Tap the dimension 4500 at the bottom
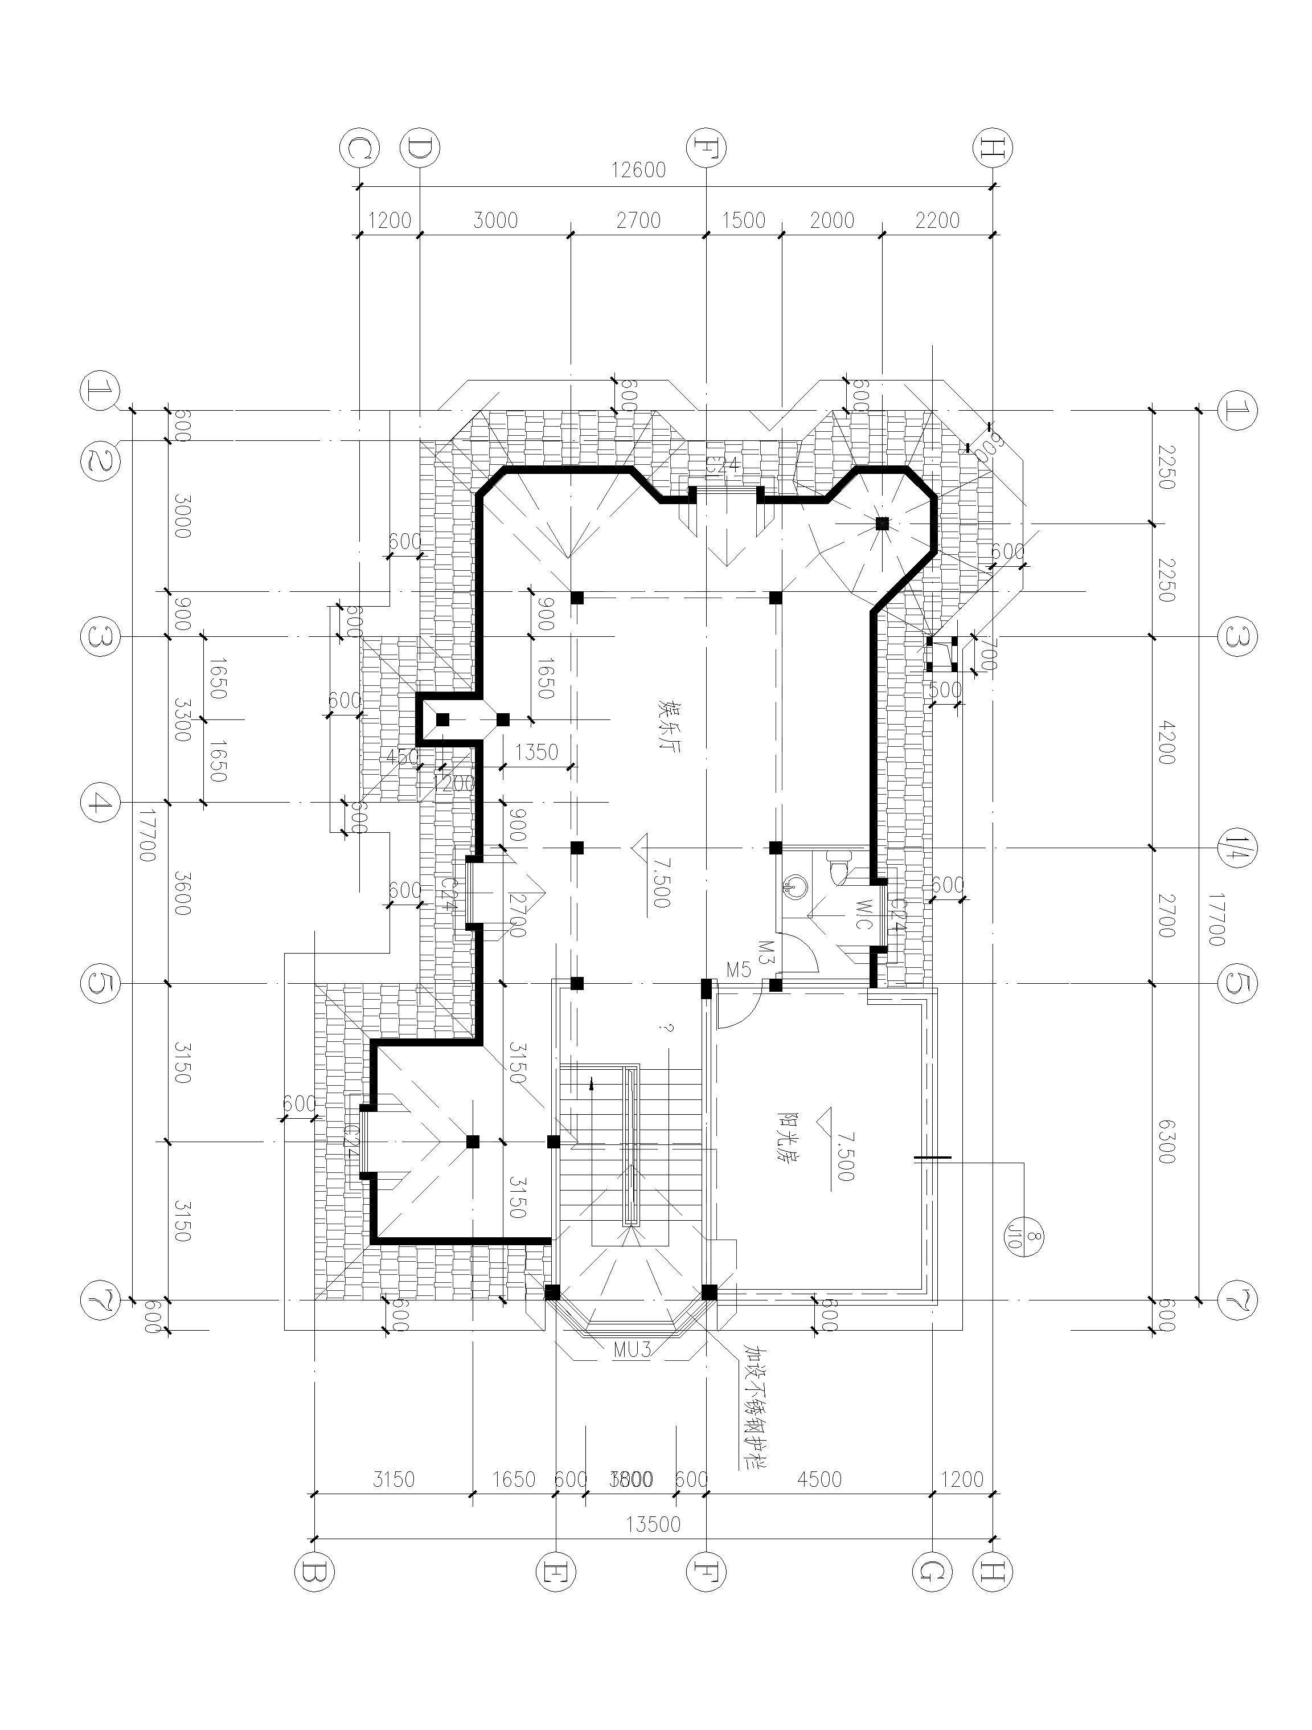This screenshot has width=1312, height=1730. pos(819,1479)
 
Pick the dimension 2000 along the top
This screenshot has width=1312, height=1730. pos(832,220)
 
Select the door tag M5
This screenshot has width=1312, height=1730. pos(738,971)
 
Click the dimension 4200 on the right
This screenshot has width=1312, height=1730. pos(1165,743)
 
